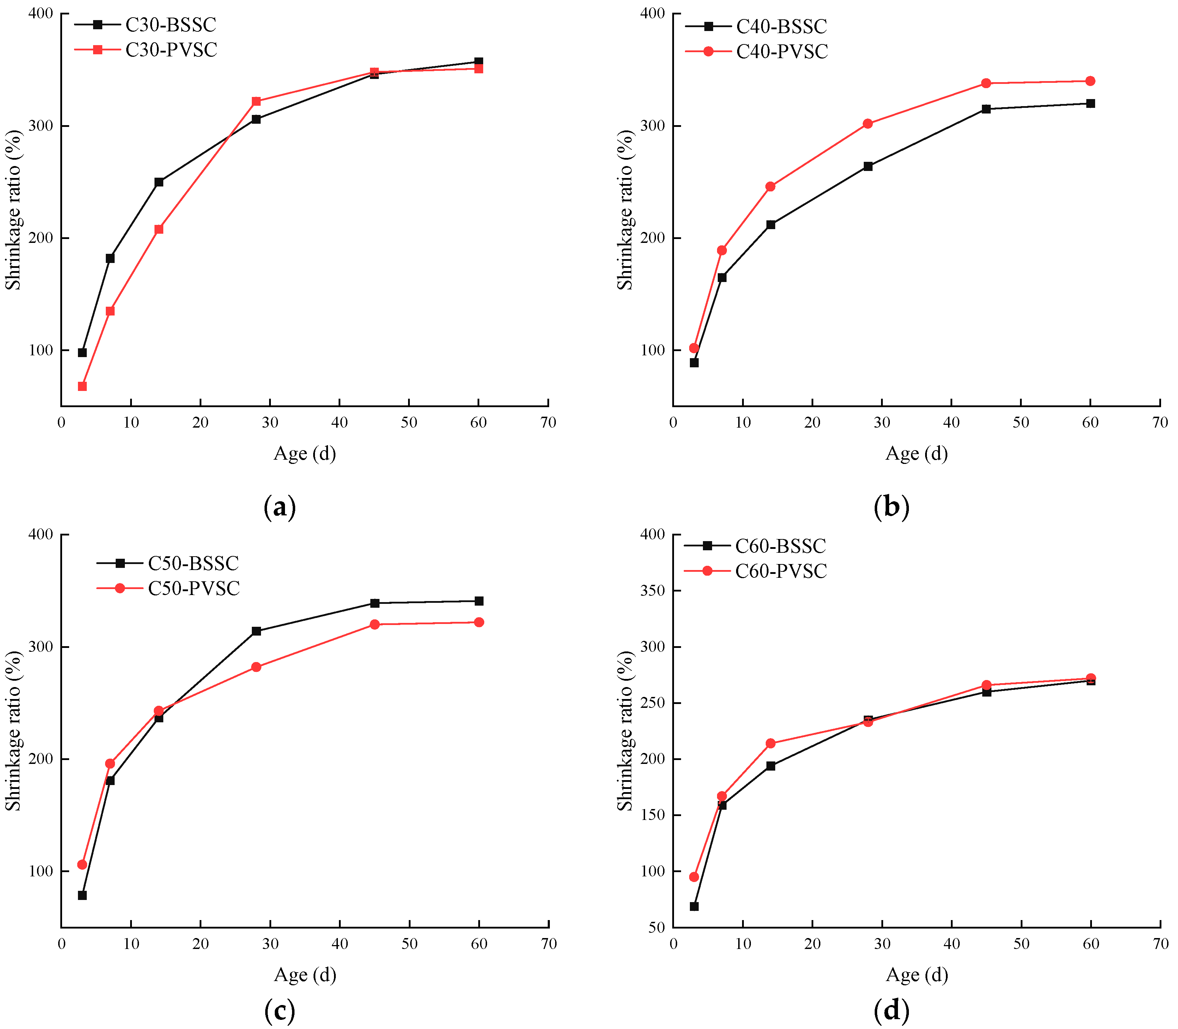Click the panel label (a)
tap(280, 507)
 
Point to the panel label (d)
tap(891, 1010)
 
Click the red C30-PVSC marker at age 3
tap(82, 386)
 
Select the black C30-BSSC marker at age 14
tap(159, 182)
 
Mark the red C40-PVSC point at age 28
tap(868, 123)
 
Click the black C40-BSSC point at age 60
tap(1090, 103)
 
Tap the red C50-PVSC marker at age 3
tap(82, 864)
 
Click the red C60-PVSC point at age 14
tap(771, 743)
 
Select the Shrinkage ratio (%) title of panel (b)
tap(625, 210)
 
